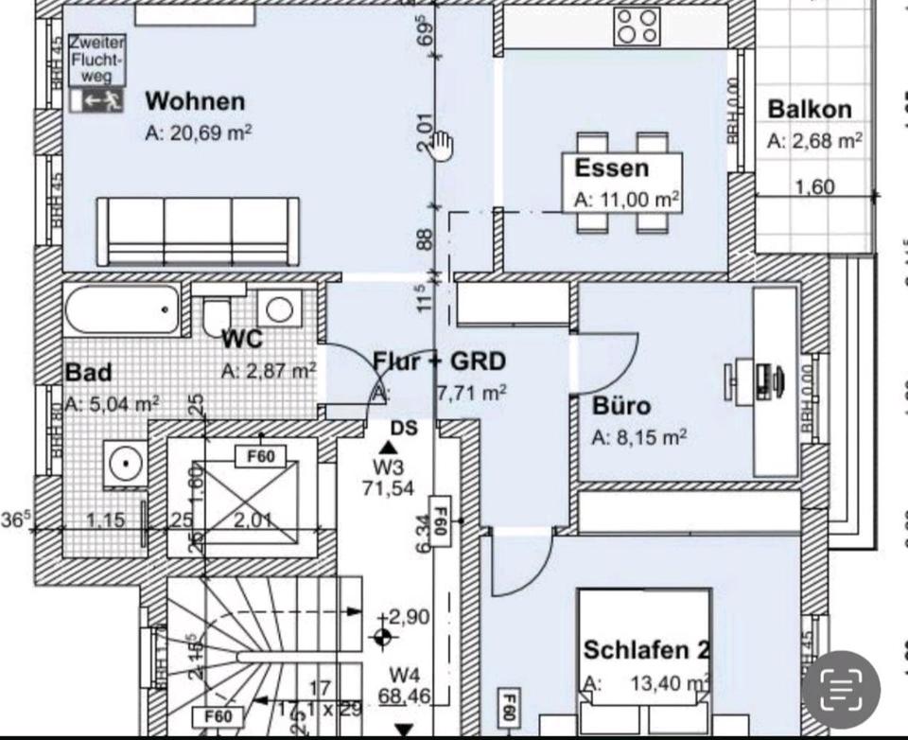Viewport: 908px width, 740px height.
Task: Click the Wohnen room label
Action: (x=195, y=100)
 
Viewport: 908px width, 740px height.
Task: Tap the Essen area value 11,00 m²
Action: (x=627, y=201)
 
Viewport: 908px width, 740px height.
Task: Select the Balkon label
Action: (x=809, y=109)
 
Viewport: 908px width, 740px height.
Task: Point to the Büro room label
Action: (x=621, y=406)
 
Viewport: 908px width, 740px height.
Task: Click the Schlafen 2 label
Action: (x=646, y=650)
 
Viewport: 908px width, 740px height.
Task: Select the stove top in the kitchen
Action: (x=637, y=27)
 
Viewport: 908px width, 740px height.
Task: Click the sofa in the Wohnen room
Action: (x=199, y=231)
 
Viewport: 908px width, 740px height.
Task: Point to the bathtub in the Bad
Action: (x=122, y=309)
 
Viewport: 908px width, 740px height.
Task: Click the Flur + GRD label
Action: (x=439, y=361)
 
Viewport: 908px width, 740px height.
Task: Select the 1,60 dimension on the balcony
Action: (x=814, y=186)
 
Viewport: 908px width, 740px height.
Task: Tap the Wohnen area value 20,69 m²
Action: (x=198, y=133)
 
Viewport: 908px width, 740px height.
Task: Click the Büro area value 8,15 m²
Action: (x=638, y=437)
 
